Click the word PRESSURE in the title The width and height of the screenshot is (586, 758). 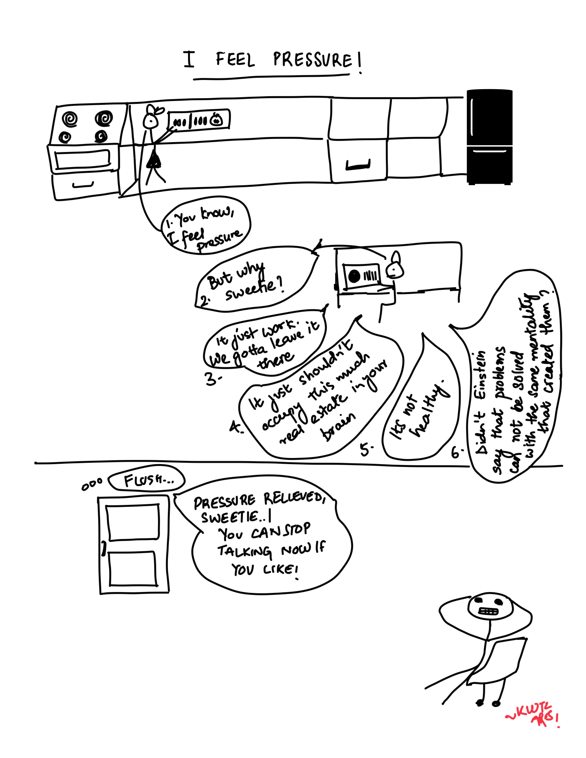click(313, 60)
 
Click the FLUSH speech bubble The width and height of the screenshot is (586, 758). click(147, 480)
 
